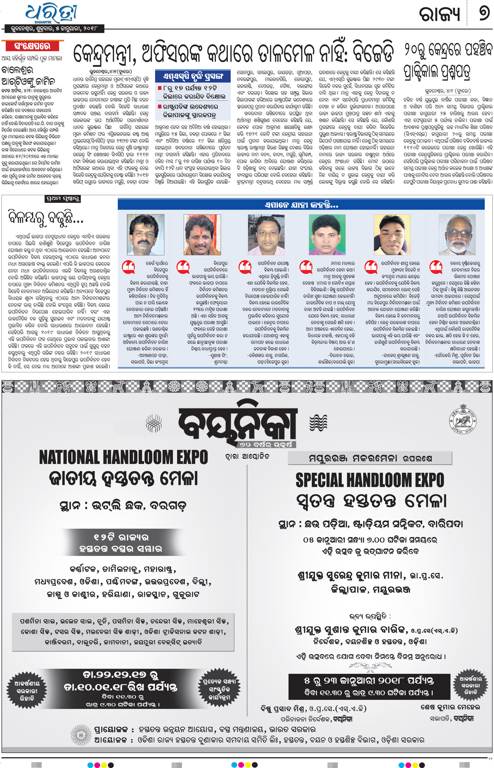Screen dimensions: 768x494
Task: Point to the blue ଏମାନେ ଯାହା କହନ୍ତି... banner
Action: click(x=301, y=205)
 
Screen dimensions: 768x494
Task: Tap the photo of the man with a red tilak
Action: click(x=202, y=235)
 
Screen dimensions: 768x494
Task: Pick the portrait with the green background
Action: click(x=327, y=235)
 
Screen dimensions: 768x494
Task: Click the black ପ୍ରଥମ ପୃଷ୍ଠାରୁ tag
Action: click(x=63, y=199)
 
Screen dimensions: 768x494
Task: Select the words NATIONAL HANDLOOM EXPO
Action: click(x=123, y=457)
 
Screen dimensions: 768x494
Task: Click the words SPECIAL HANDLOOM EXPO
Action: click(x=370, y=480)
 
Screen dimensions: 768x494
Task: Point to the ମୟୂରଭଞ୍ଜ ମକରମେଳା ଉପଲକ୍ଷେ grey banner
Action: click(x=370, y=458)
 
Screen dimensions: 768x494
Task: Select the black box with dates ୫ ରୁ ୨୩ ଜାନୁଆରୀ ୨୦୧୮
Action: click(x=369, y=687)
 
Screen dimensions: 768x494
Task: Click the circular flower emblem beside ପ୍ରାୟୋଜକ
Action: click(x=81, y=735)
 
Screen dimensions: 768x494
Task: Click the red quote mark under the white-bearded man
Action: click(x=436, y=267)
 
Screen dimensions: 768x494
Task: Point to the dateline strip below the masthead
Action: click(x=54, y=29)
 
